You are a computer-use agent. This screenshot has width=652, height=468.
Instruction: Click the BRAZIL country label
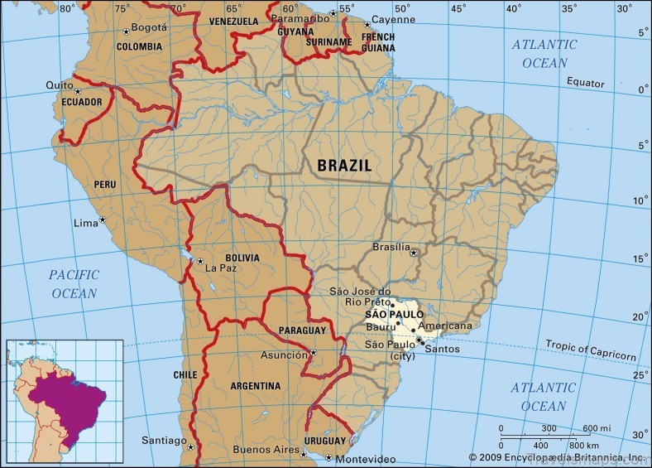pyautogui.click(x=344, y=166)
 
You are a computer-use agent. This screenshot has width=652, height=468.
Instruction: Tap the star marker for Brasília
pyautogui.click(x=414, y=253)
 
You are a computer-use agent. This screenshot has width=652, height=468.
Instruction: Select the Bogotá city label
pyautogui.click(x=150, y=27)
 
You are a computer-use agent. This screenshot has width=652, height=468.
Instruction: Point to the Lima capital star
pyautogui.click(x=103, y=220)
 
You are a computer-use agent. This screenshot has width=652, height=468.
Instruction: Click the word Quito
pyautogui.click(x=60, y=84)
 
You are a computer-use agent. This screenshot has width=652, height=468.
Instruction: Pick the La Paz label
pyautogui.click(x=221, y=268)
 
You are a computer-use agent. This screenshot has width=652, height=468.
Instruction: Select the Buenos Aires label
pyautogui.click(x=264, y=449)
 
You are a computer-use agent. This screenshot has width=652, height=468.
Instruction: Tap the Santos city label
pyautogui.click(x=442, y=349)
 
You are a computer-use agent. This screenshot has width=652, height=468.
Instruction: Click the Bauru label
pyautogui.click(x=380, y=328)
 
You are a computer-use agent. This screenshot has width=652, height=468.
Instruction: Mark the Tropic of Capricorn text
pyautogui.click(x=591, y=350)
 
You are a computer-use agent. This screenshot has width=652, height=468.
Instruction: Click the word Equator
pyautogui.click(x=586, y=82)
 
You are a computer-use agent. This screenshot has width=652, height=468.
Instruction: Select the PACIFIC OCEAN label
pyautogui.click(x=74, y=283)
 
